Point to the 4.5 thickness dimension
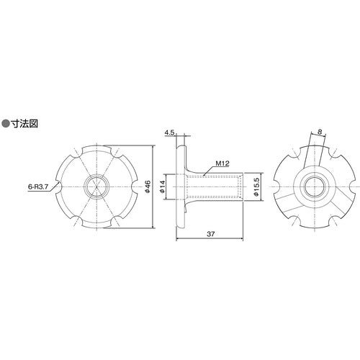[170, 132]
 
